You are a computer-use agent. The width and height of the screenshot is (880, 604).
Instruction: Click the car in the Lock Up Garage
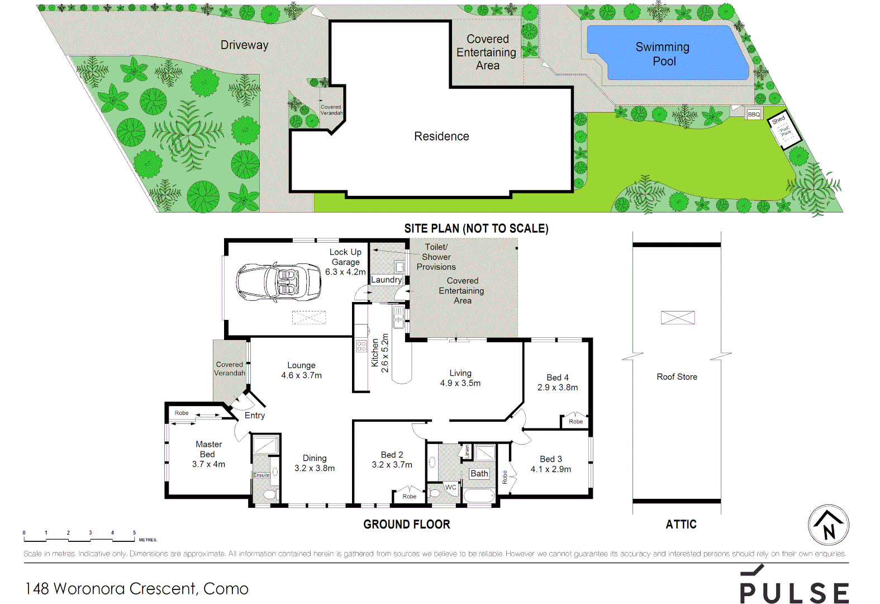278,282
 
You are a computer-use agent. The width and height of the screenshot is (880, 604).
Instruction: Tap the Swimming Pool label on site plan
663,54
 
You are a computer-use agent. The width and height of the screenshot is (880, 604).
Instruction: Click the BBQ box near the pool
754,114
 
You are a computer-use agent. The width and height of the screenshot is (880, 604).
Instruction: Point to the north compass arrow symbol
829,525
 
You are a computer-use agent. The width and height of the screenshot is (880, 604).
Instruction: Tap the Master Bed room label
208,449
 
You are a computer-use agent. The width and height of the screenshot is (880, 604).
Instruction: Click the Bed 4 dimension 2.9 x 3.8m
558,388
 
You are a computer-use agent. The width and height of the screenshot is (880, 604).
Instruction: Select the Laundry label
386,280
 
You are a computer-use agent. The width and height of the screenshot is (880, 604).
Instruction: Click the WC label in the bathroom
450,487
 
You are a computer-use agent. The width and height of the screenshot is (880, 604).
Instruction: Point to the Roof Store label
677,377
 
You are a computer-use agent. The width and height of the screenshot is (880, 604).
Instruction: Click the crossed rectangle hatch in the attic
678,318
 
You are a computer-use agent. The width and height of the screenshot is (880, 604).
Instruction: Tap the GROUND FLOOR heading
406,525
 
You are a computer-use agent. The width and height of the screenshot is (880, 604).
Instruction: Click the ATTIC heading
681,525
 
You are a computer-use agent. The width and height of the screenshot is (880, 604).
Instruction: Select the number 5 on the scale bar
134,533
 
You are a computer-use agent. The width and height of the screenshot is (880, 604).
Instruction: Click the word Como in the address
226,589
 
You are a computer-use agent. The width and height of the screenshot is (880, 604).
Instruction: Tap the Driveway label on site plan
244,45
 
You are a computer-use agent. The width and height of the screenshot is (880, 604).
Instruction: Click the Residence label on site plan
441,136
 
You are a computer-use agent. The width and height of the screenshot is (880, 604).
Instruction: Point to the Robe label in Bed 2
409,497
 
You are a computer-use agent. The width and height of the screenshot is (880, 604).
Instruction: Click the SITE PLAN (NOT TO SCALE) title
476,229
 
